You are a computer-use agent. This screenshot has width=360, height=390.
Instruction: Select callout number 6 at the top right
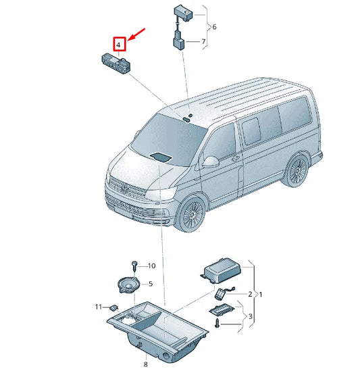tap(214, 27)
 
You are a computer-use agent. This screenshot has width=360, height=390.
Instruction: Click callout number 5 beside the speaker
tap(150, 284)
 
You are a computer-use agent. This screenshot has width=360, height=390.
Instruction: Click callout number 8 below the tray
tap(145, 365)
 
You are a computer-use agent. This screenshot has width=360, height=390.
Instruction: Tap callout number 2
tap(249, 294)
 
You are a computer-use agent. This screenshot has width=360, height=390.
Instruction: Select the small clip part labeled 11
tap(113, 308)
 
